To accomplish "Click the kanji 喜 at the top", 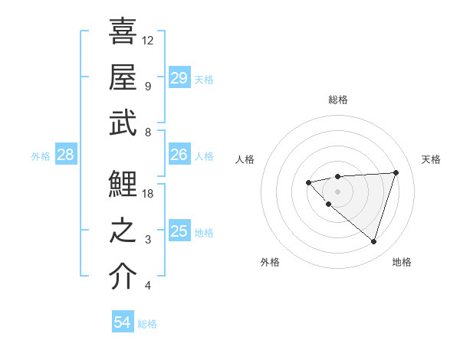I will (x=124, y=31).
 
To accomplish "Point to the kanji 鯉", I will (x=124, y=185).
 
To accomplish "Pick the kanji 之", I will (x=124, y=231).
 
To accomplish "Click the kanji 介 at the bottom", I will (x=124, y=277).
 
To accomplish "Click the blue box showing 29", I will (x=179, y=77).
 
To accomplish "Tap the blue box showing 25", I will (x=179, y=231).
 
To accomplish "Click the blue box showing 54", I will (x=123, y=322).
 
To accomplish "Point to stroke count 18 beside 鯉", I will (x=149, y=194).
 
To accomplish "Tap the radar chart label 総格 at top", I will (x=337, y=100).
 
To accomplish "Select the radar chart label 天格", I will (x=431, y=159).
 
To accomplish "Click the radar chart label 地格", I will (x=402, y=262).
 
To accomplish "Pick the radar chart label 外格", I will (x=270, y=262).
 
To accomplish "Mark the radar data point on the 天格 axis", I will (x=396, y=172).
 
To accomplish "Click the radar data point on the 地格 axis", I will (x=373, y=241).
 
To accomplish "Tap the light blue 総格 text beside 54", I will (x=147, y=324).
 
